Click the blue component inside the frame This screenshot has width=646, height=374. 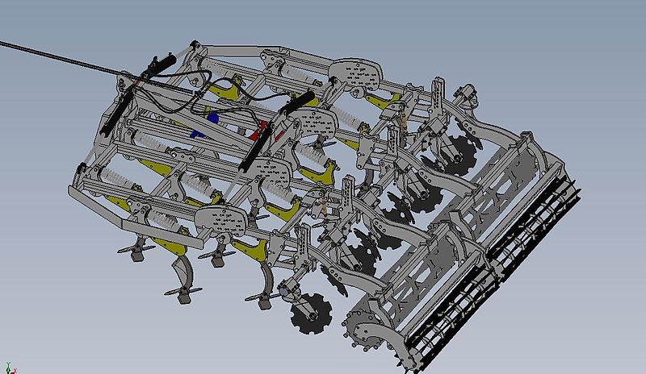(x=212, y=118)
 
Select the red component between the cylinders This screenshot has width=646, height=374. (x=260, y=129)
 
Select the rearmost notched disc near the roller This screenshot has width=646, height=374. (x=459, y=153)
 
